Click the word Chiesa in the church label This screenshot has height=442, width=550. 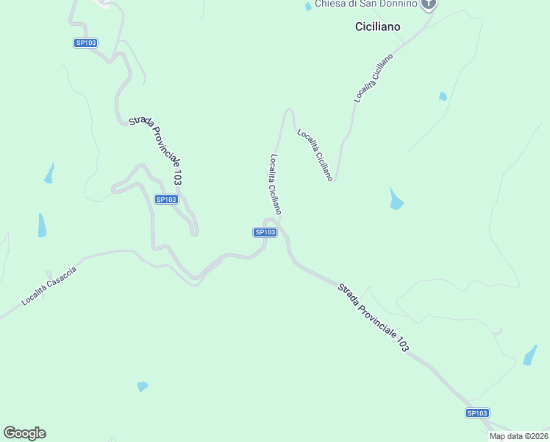(329, 4)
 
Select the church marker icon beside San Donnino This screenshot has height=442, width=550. (429, 4)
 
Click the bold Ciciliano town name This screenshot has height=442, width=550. (377, 26)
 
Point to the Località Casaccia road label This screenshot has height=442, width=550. (49, 286)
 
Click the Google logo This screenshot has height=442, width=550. (24, 433)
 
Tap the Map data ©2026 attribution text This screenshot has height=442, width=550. (518, 436)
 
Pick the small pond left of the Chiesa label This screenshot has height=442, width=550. (308, 7)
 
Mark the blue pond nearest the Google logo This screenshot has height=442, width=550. (142, 386)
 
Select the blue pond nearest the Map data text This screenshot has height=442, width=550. (529, 355)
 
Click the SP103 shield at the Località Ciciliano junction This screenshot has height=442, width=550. (265, 232)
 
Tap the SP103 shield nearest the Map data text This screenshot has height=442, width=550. (477, 413)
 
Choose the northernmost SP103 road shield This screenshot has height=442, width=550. (86, 43)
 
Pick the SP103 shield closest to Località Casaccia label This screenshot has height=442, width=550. (166, 199)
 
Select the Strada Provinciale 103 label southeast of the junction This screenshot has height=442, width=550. (373, 318)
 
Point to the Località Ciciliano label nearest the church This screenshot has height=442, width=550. (374, 77)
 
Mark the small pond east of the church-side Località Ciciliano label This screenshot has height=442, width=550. (443, 96)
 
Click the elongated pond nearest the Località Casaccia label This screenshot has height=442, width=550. (42, 225)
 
